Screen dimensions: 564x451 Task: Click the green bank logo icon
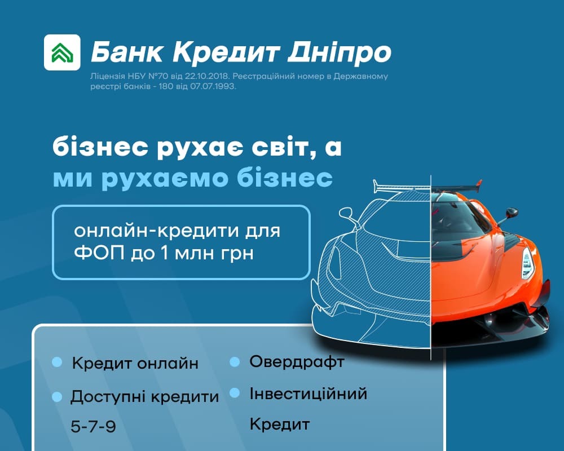pyautogui.click(x=62, y=52)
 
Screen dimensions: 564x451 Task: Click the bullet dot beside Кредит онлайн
pyautogui.click(x=57, y=362)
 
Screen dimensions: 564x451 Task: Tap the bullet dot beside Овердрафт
pyautogui.click(x=235, y=362)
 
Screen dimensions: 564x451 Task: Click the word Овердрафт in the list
pyautogui.click(x=297, y=362)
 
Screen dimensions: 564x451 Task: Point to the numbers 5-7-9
pyautogui.click(x=94, y=427)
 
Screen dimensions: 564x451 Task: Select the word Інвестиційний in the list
pyautogui.click(x=309, y=393)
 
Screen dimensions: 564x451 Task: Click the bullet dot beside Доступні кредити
pyautogui.click(x=57, y=397)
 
